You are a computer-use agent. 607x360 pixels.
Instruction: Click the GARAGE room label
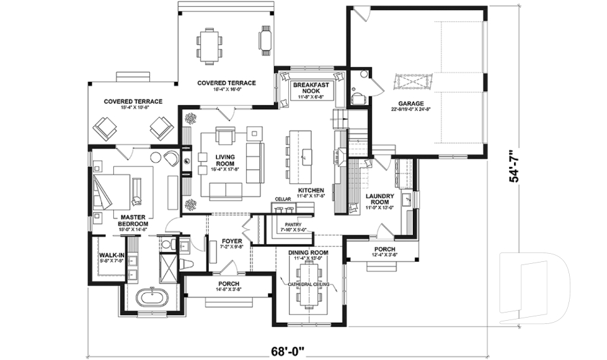pos(410,103)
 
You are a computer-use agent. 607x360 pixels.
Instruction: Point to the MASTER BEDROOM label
pos(134,220)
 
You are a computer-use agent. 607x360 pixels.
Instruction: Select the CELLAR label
pos(283,199)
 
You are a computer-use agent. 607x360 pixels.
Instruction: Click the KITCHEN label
pos(311,190)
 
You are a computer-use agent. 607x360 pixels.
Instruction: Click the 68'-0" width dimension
pos(288,349)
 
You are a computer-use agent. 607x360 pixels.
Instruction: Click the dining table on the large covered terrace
pos(209,44)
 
